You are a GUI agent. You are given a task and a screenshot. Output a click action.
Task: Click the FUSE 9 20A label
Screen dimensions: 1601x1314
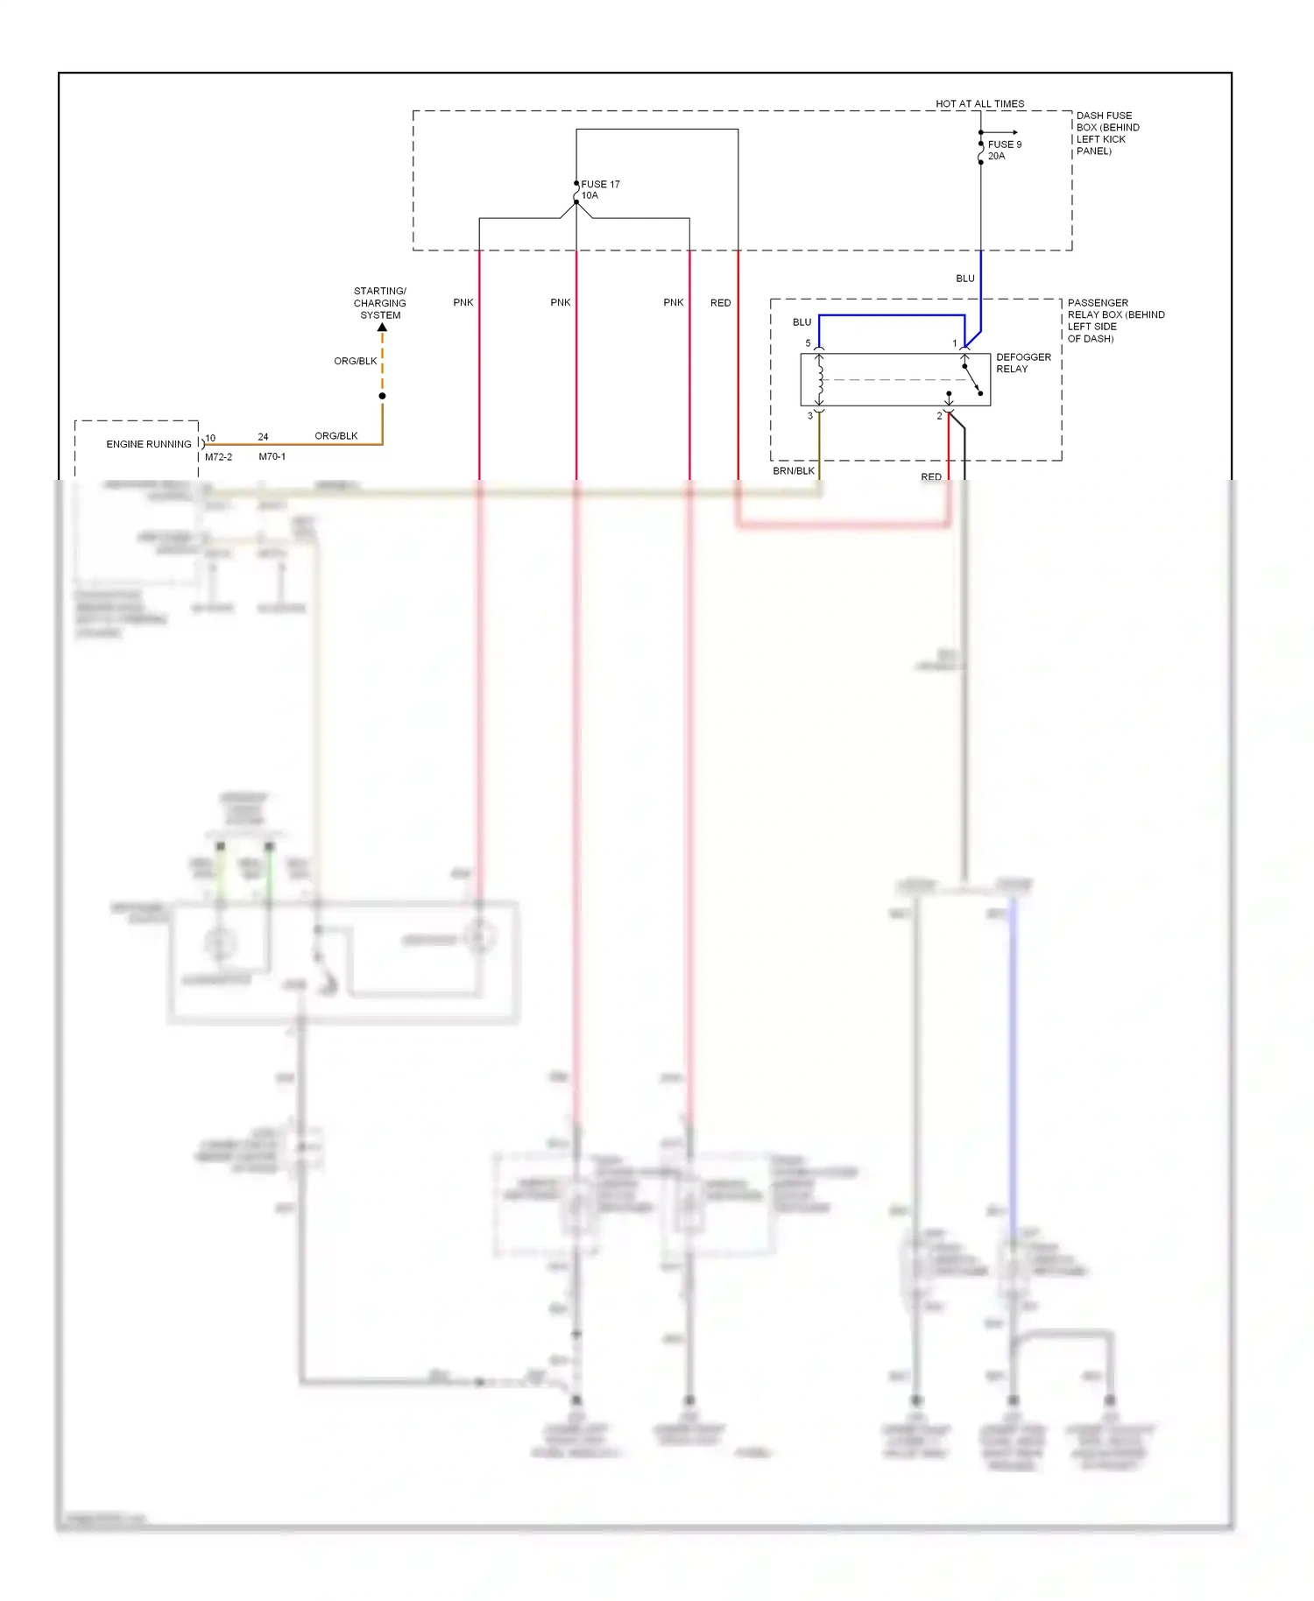click(1004, 150)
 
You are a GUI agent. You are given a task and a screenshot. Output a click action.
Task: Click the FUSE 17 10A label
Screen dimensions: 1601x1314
click(599, 189)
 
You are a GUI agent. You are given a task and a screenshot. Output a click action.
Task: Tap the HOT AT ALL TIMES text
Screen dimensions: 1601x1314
click(979, 103)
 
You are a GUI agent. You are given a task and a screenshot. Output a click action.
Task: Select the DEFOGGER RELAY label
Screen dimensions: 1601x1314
click(1022, 363)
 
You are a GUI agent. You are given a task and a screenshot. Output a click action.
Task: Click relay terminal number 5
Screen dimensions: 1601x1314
click(808, 343)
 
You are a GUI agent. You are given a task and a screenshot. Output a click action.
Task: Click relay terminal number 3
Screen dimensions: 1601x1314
click(809, 416)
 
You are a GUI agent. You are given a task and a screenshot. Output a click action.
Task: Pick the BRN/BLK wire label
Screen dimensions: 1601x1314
click(793, 471)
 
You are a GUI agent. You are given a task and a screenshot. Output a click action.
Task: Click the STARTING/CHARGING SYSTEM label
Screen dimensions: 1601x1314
click(379, 303)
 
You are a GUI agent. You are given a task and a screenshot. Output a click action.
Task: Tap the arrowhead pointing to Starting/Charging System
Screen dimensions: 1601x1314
click(382, 328)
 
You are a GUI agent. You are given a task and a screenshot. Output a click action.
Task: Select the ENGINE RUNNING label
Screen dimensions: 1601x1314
click(148, 444)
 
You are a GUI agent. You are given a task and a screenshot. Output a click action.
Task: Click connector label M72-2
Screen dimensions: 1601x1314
click(218, 457)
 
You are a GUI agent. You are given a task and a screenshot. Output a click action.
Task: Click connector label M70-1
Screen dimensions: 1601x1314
click(272, 457)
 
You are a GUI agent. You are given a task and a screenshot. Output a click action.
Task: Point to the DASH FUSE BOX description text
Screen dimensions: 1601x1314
click(1106, 133)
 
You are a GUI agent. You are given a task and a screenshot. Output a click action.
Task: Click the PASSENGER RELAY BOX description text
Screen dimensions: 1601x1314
click(1114, 321)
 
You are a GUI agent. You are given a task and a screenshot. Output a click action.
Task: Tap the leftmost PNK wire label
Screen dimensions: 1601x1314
click(463, 303)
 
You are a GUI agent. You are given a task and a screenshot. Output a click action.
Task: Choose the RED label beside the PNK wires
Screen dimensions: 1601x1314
click(720, 303)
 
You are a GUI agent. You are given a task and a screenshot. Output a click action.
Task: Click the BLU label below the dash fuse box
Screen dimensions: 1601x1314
click(964, 279)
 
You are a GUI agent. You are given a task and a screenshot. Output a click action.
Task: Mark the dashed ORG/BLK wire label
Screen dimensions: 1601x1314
click(355, 361)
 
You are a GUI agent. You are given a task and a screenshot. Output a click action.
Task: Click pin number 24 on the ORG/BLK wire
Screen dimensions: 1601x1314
click(263, 437)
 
